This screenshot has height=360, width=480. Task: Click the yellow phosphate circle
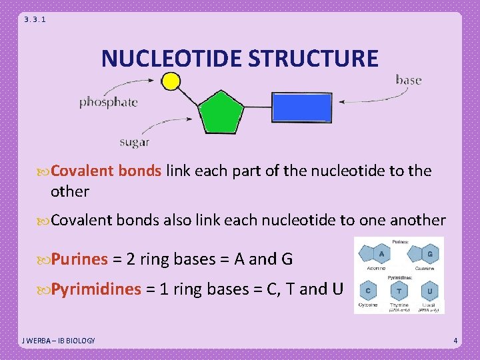171,81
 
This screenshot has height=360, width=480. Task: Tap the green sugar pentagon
221,113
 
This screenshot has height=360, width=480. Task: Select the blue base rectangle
301,107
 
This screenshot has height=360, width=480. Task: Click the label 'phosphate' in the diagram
108,102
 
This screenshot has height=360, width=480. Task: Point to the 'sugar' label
134,141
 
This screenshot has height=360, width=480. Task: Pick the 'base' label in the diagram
409,80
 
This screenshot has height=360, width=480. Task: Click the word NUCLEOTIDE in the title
171,59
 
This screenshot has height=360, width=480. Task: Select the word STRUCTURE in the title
313,59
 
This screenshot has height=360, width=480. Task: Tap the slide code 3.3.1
35,19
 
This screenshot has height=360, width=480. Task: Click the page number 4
455,341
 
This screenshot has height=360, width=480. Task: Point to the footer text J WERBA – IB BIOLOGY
58,341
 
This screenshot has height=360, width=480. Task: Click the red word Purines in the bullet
79,259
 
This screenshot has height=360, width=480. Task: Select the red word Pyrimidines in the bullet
95,289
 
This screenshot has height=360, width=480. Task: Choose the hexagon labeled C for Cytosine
369,291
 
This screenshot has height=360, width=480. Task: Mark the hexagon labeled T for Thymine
399,291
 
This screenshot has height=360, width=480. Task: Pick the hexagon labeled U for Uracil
429,291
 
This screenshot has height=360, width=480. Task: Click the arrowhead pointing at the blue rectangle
341,103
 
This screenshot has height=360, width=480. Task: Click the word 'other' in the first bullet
69,191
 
